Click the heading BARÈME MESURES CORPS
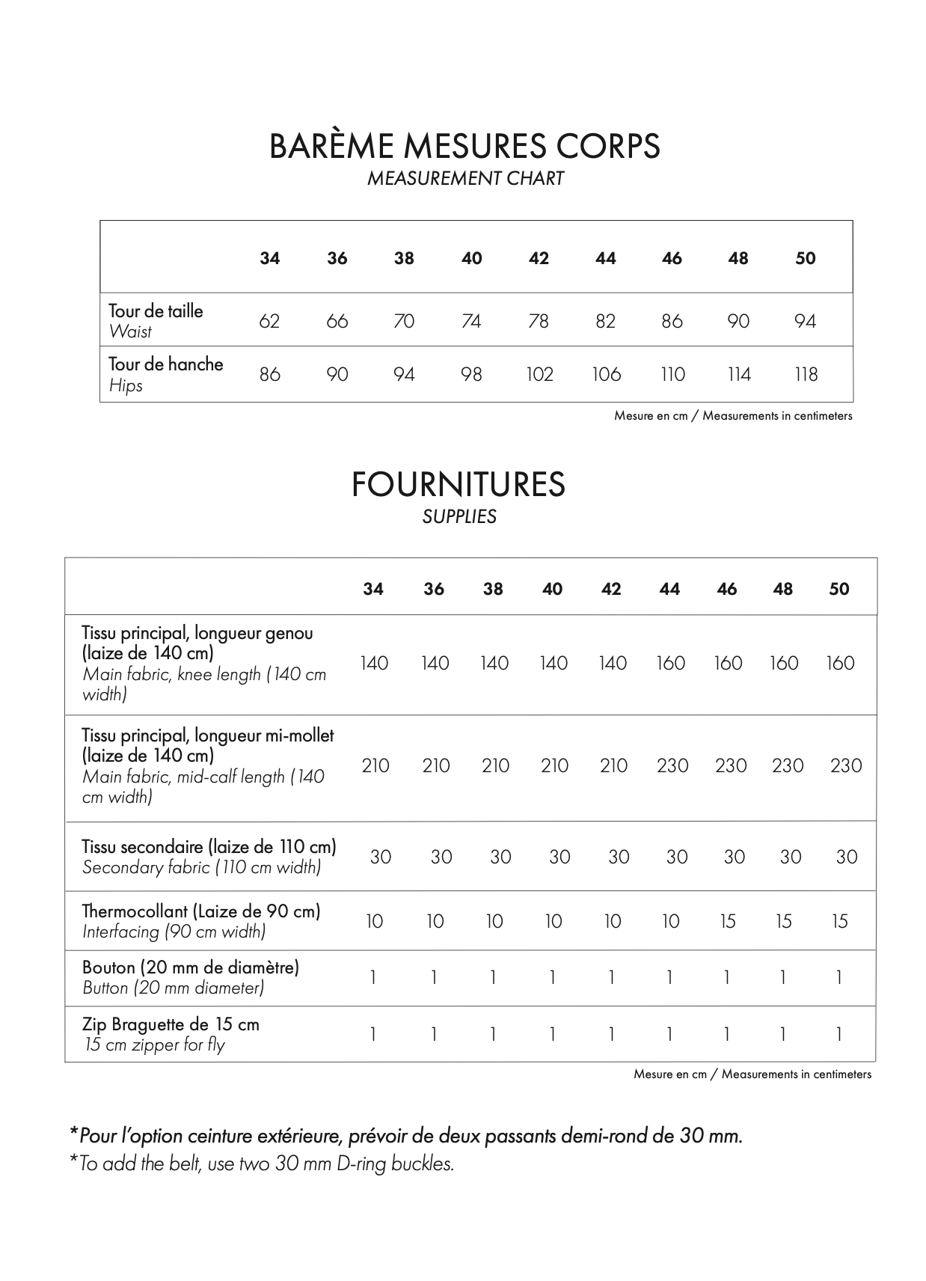click(464, 146)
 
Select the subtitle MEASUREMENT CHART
click(464, 179)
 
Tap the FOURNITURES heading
click(458, 485)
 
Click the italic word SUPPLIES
click(459, 517)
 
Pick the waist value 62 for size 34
click(269, 321)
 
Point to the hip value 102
click(539, 374)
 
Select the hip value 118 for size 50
click(806, 374)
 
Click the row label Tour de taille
click(156, 311)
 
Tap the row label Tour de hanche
click(165, 364)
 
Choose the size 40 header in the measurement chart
click(471, 258)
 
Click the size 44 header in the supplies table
click(669, 589)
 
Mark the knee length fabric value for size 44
click(670, 663)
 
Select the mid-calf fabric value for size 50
click(845, 765)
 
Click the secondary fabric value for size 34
click(380, 857)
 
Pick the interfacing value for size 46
click(728, 921)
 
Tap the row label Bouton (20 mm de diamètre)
click(190, 967)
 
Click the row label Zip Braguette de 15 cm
click(171, 1024)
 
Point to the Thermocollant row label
click(200, 911)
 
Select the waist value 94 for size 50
click(805, 321)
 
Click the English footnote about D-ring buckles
click(262, 1164)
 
